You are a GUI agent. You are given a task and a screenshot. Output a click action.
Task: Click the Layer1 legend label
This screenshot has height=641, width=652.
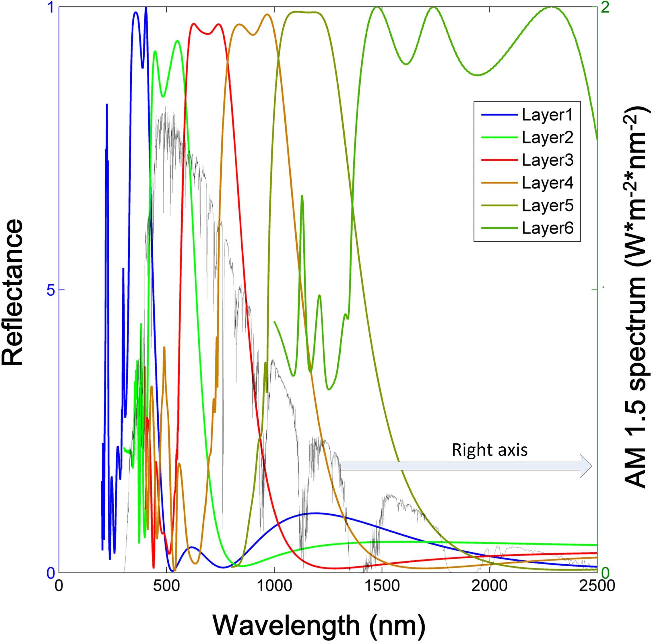point(547,115)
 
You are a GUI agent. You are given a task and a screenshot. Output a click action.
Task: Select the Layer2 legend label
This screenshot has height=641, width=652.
point(547,138)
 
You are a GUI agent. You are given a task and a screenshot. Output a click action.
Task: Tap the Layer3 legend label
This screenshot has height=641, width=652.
point(547,160)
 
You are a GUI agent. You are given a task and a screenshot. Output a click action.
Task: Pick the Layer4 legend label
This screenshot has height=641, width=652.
point(547,183)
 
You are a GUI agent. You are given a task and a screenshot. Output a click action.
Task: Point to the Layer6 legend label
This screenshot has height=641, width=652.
point(547,228)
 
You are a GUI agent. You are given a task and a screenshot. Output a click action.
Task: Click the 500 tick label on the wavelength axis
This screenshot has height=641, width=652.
point(167,585)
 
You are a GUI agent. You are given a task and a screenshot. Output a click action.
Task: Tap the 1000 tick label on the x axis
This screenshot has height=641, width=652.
point(274,585)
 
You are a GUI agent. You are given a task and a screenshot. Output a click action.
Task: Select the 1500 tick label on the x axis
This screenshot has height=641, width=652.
point(382,585)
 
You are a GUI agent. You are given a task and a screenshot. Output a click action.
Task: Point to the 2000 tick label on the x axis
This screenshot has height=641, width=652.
point(489,585)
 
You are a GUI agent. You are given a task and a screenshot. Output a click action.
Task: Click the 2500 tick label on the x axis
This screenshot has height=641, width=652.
point(596,585)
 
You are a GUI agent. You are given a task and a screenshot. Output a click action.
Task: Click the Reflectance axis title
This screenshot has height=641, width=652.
point(13,292)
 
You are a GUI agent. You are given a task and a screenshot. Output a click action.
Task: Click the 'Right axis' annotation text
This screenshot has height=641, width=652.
point(489,450)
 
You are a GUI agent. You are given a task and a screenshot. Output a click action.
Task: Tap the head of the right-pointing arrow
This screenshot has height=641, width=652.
point(586,466)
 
